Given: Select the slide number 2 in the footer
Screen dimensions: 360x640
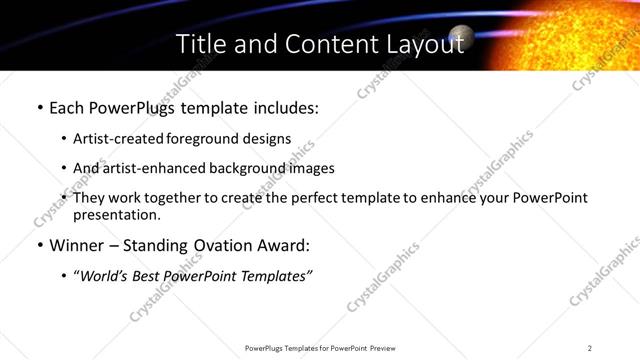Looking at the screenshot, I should click(x=590, y=348).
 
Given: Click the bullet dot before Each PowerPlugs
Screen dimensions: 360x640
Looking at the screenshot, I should click(x=39, y=108).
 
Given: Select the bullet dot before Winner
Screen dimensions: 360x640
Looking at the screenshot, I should click(x=39, y=244).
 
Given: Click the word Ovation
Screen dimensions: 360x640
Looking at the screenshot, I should click(x=225, y=244).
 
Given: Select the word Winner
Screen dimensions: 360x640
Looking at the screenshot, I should click(x=77, y=244).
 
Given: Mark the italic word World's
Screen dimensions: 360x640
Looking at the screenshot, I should click(x=106, y=275).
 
